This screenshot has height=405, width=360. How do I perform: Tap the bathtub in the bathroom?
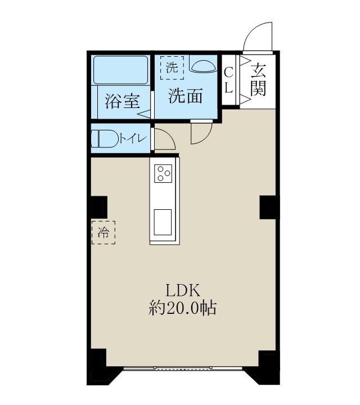(x=120, y=70)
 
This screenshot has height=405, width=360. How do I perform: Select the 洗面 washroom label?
(x=186, y=96)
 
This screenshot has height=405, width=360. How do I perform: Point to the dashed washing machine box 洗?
(x=172, y=68)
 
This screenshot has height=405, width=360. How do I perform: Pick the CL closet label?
(x=229, y=80)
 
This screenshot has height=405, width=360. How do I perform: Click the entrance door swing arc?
(x=258, y=36)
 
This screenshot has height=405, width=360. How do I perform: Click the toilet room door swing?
(x=163, y=140)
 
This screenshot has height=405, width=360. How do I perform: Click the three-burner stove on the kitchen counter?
(x=163, y=173)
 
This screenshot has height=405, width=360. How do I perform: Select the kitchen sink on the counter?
(x=163, y=222)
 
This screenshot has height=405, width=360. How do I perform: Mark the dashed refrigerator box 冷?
(x=103, y=232)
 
